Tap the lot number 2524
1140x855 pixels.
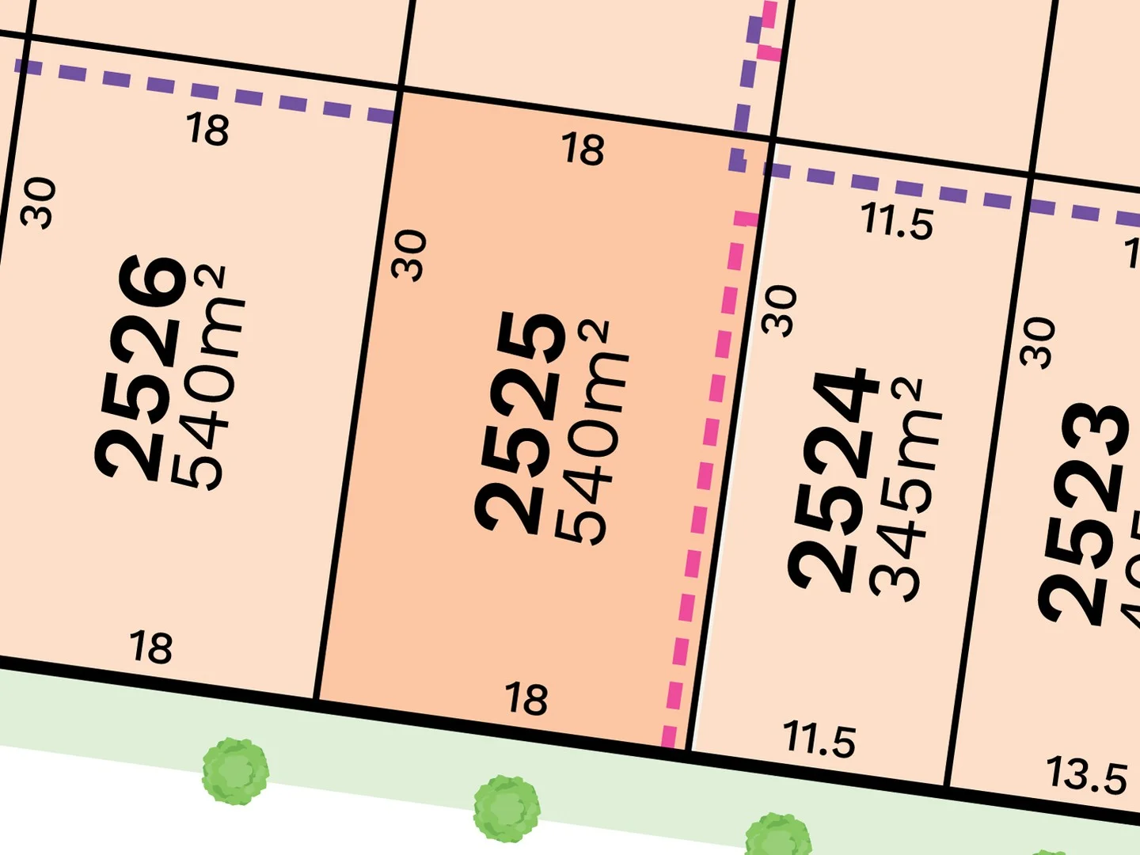(x=833, y=481)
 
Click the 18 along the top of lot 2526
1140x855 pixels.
(x=207, y=128)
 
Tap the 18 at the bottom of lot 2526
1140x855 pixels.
(x=150, y=647)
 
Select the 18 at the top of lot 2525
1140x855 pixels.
(x=583, y=149)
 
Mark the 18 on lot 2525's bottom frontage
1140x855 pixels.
(x=526, y=698)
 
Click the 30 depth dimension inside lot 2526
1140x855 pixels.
(x=40, y=203)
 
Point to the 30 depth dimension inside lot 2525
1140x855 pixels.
(x=409, y=255)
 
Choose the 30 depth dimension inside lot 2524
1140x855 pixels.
(x=780, y=310)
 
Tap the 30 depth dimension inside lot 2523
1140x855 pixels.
(x=1039, y=342)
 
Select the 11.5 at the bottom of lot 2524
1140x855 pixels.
(x=819, y=739)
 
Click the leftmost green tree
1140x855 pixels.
(x=235, y=770)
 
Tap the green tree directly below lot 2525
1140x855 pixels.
(x=507, y=807)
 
